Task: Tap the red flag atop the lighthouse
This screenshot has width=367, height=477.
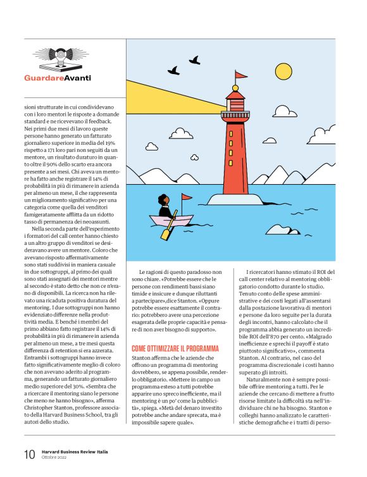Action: pos(241,75)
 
